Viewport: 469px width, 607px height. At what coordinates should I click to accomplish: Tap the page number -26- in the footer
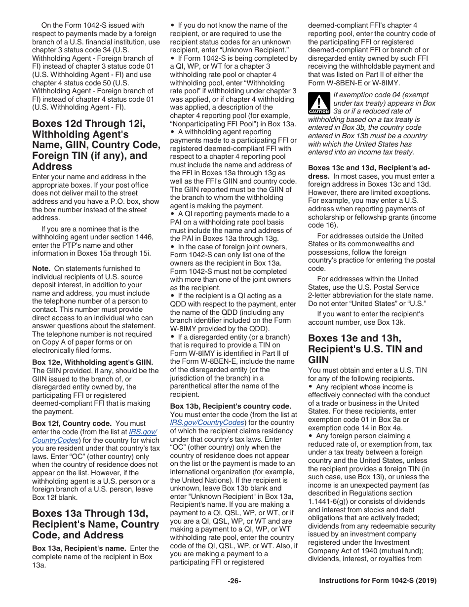(x=234, y=581)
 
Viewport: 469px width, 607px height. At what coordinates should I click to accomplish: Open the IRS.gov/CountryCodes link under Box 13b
(x=207, y=422)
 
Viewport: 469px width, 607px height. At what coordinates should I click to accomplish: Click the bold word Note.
(x=41, y=268)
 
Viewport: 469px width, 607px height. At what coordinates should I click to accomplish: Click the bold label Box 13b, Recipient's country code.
(x=231, y=406)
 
